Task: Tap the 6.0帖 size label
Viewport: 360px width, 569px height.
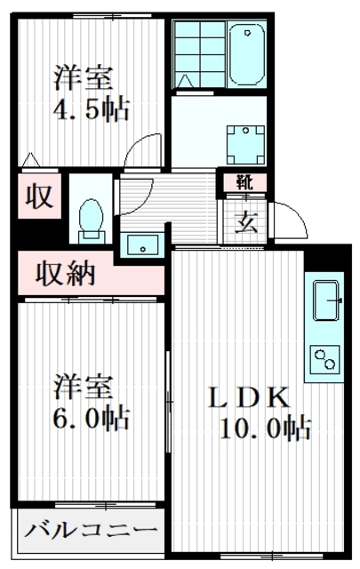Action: [x=92, y=416]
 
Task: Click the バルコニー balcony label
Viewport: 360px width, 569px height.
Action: [x=90, y=533]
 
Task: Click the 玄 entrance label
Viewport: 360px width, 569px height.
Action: [x=245, y=220]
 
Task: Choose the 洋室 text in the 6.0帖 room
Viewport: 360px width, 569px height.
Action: [x=84, y=386]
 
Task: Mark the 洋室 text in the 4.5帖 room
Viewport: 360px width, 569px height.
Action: [x=84, y=78]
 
